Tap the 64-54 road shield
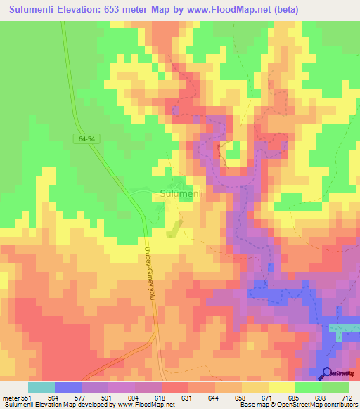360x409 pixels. (x=86, y=141)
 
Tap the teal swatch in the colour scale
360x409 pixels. (x=41, y=387)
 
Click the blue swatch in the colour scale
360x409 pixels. (x=68, y=387)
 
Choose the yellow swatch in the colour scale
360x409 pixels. (x=282, y=387)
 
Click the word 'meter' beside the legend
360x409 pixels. (x=11, y=397)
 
